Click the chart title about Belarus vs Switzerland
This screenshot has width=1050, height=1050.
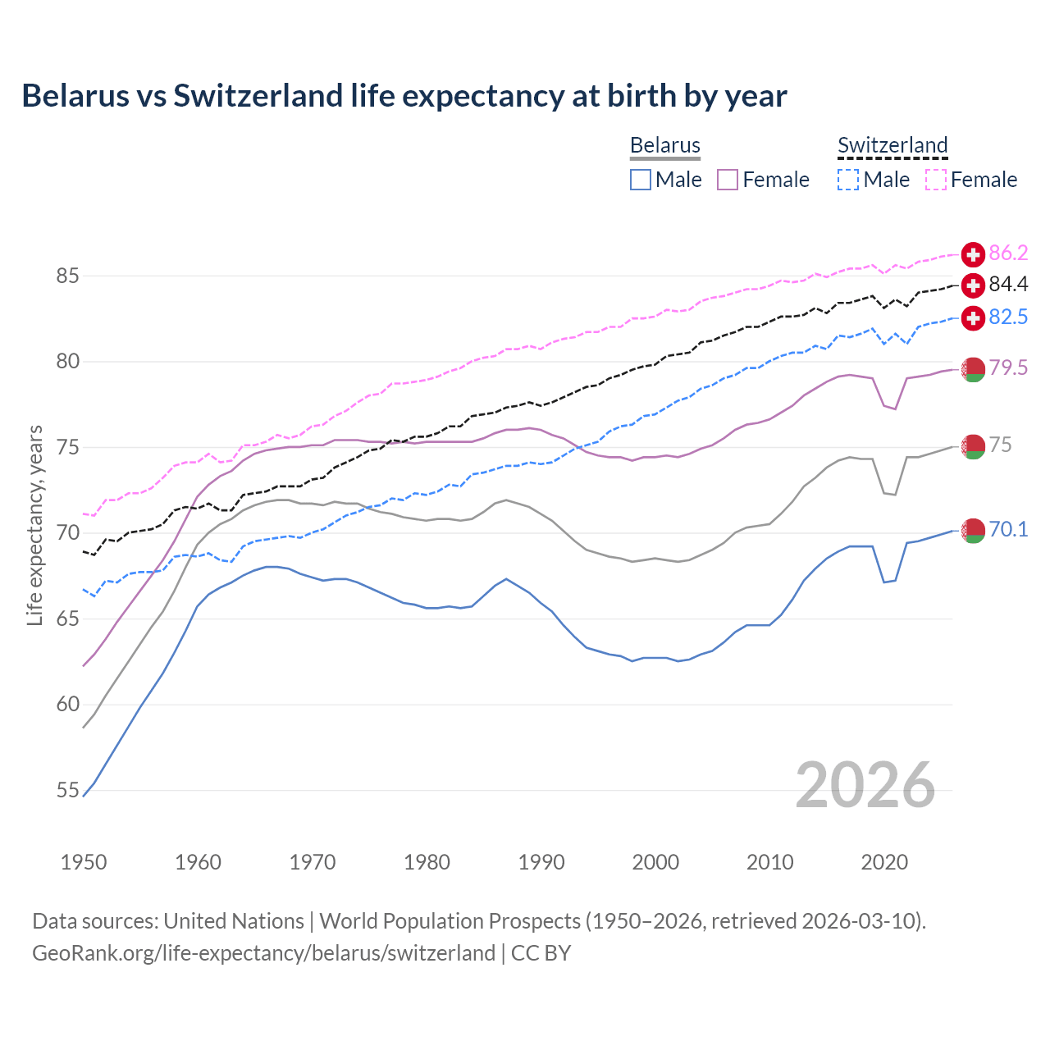coord(404,96)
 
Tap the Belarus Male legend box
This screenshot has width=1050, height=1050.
coord(641,180)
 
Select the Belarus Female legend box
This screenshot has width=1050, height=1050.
coord(728,180)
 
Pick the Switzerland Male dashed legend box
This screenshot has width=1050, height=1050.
coord(848,180)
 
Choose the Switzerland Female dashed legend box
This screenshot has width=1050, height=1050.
coord(936,180)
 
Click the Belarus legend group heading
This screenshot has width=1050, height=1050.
coord(664,145)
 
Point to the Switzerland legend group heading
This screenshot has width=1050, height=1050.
coord(892,145)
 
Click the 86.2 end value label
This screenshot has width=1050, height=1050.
coord(1008,253)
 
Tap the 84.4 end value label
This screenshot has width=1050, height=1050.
coord(1008,285)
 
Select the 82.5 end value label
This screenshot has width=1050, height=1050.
coord(1008,317)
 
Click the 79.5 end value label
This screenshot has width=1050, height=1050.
coord(1008,367)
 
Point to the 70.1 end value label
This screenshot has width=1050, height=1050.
coord(1008,530)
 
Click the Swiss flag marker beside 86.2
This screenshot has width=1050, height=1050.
coord(973,254)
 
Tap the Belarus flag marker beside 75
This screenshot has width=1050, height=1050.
coord(973,446)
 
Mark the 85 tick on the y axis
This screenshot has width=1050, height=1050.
coord(67,276)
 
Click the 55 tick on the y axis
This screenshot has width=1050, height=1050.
coord(67,790)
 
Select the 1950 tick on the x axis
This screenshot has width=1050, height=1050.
coord(84,862)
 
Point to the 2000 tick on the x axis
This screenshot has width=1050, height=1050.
coord(655,862)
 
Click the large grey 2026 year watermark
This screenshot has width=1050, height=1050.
coord(865,785)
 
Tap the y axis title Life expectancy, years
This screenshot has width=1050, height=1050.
coord(34,525)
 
